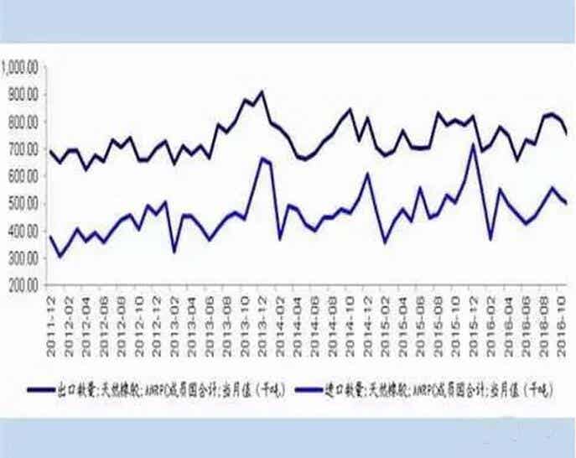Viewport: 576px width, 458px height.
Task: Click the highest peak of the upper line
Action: [x=262, y=91]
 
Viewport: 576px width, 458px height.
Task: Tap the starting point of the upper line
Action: [x=49, y=151]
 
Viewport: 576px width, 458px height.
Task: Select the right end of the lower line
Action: [x=568, y=204]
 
